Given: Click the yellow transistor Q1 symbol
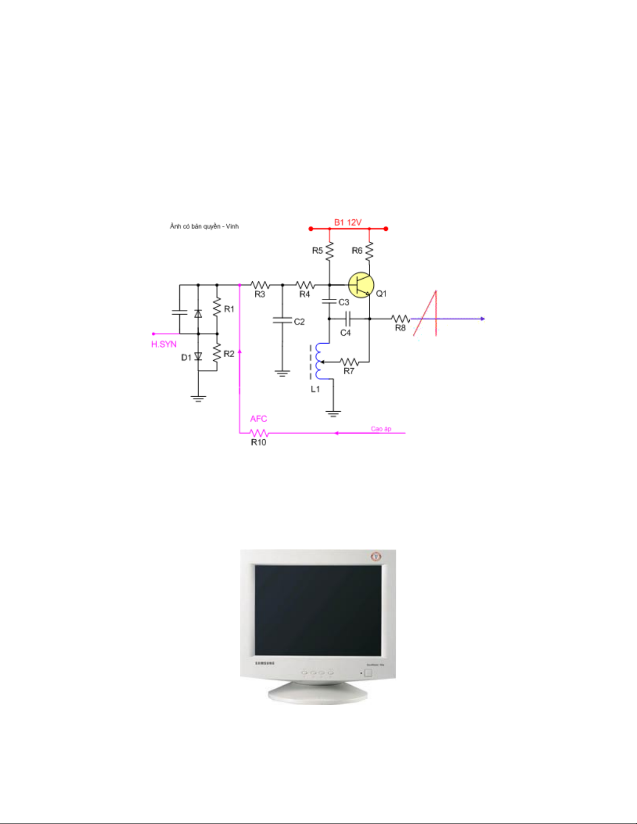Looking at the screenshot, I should point(361,285).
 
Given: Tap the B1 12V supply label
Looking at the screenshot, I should point(347,223).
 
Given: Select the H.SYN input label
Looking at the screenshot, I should point(164,344).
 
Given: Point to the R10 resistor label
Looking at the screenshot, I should point(258,442).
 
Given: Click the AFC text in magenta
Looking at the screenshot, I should point(258,419).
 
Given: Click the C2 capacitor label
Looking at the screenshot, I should point(299,322).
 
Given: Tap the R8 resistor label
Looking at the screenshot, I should point(400,328).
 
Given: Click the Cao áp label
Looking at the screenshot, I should point(381,429).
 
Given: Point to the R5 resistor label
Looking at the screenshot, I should point(317,251).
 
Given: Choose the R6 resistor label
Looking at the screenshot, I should point(357,251).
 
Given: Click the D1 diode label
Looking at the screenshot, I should point(186,358).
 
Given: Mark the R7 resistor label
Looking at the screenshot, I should point(349,371).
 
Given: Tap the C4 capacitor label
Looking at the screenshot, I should point(345,333).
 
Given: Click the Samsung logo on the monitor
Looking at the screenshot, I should point(265,663).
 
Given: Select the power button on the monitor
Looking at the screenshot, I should point(369,673).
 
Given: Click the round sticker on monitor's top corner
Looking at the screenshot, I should point(376,557).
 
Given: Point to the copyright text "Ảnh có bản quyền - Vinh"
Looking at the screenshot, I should point(204,227).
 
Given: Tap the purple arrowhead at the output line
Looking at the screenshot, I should point(483,319).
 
